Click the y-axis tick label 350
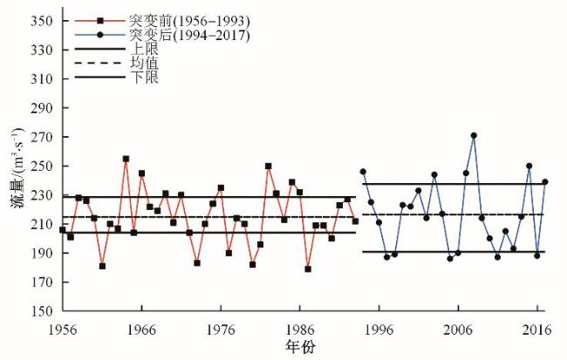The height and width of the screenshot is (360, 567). coord(42,21)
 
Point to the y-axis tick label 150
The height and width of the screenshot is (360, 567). coord(42,311)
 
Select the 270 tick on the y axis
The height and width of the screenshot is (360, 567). coord(42,137)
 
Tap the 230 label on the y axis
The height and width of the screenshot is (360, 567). coord(42,195)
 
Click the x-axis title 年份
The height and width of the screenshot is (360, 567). coord(299,347)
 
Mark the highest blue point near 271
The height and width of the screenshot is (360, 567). coord(474,135)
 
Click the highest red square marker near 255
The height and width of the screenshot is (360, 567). coord(126,159)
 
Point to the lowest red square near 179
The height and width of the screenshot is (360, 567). coord(308,269)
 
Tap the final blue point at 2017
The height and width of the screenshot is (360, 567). coord(545,182)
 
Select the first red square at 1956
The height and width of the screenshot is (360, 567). coord(62,230)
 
